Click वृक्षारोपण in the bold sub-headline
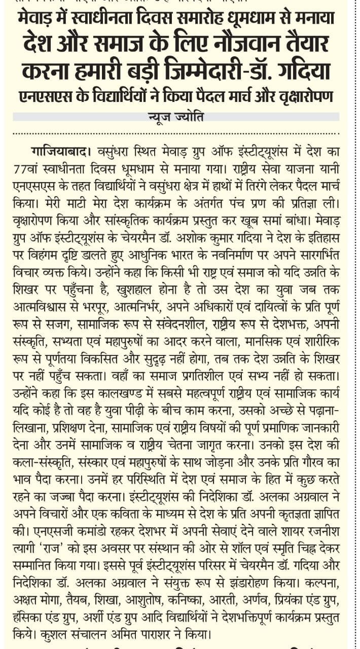pyautogui.click(x=302, y=96)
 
